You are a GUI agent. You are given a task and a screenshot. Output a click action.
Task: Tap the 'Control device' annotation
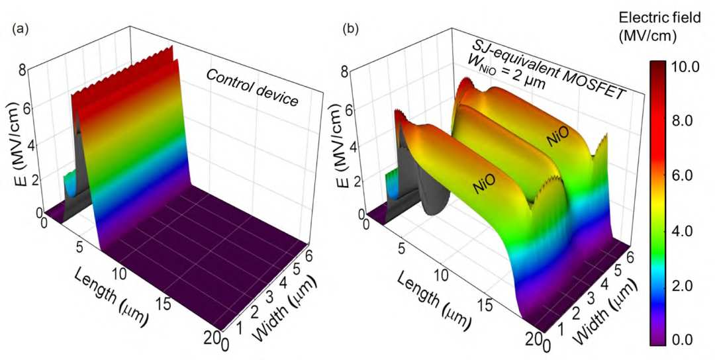tap(252, 88)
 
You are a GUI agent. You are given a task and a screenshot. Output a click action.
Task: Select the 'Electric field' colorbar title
tap(659, 18)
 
